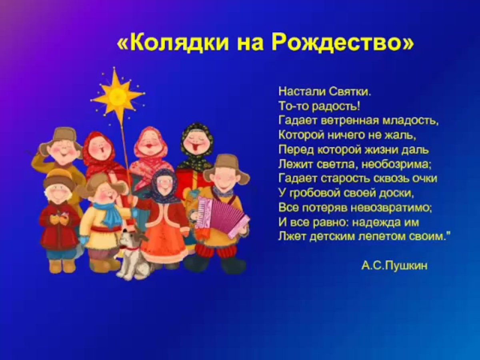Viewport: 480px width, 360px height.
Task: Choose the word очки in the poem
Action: click(423, 178)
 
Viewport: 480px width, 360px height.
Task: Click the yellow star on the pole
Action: click(118, 96)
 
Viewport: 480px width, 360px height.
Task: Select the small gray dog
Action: click(130, 256)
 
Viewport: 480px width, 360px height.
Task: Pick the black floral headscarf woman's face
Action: click(197, 144)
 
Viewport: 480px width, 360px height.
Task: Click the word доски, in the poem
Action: click(396, 193)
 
